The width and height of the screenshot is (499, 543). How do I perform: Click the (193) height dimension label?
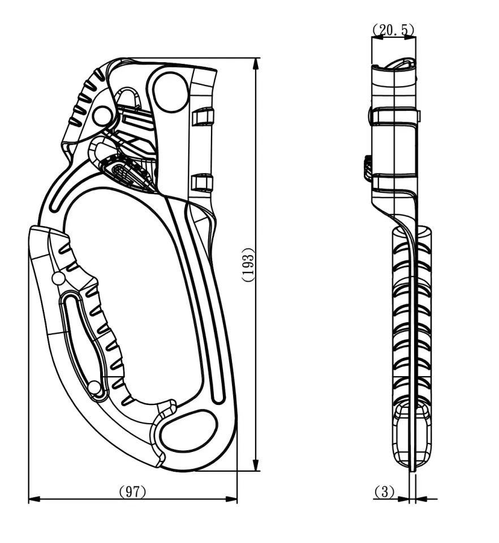pyautogui.click(x=248, y=265)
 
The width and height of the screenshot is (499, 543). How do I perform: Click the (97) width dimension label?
pyautogui.click(x=132, y=492)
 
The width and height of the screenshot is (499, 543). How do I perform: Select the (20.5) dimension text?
pyautogui.click(x=393, y=30)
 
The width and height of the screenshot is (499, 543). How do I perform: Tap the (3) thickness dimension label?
pyautogui.click(x=384, y=492)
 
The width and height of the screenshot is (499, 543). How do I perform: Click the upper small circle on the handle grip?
pyautogui.click(x=58, y=278)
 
